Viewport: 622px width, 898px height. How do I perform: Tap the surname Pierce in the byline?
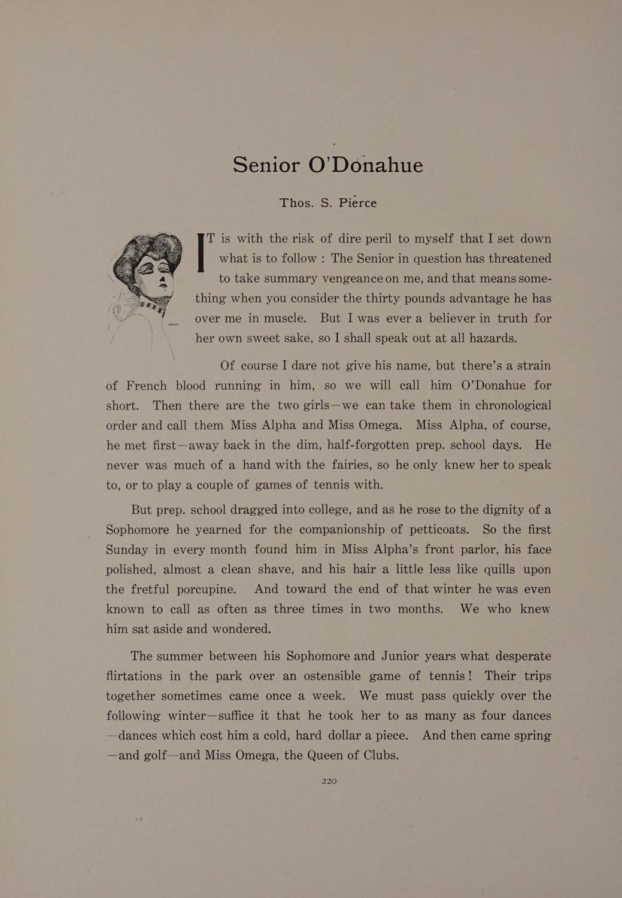(x=357, y=202)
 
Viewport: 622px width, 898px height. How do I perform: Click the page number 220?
(x=329, y=781)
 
